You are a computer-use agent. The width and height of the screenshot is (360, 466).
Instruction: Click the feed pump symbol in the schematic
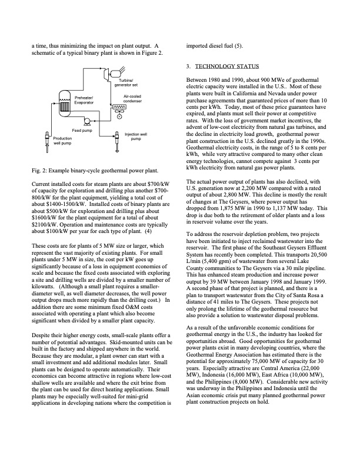[x=87, y=120]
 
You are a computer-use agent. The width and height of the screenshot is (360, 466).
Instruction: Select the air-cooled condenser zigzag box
[x=119, y=107]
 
